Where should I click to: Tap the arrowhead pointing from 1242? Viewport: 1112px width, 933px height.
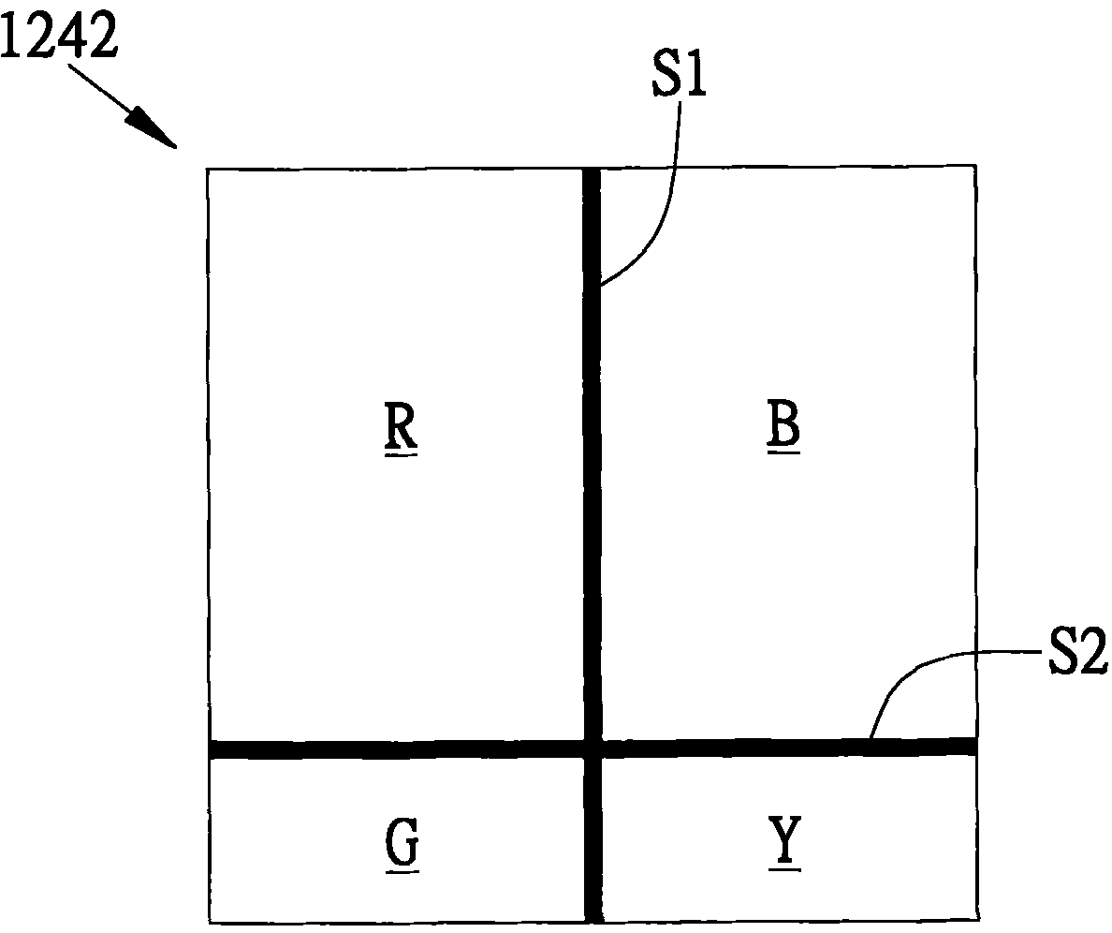(152, 127)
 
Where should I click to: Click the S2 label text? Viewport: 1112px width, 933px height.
(1078, 651)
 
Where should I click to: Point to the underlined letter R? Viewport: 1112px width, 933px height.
(401, 428)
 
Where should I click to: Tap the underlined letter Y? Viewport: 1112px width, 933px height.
(785, 843)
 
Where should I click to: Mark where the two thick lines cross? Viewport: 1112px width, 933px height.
(593, 748)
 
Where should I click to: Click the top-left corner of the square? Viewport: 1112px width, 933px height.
(207, 169)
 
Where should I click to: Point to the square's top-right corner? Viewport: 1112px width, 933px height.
(976, 166)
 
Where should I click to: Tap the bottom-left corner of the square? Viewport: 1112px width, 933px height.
(210, 924)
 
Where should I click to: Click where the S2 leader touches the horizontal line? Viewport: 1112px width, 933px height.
(871, 739)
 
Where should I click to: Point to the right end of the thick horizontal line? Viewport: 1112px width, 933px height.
(976, 745)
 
